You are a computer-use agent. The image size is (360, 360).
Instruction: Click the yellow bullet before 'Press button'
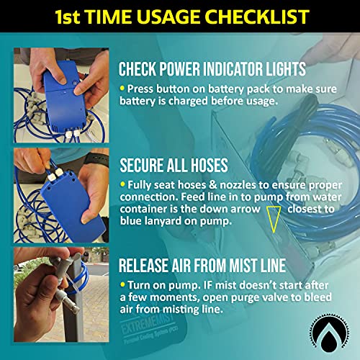(x=123, y=88)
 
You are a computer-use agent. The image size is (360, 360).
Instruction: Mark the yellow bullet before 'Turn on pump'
(x=123, y=285)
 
